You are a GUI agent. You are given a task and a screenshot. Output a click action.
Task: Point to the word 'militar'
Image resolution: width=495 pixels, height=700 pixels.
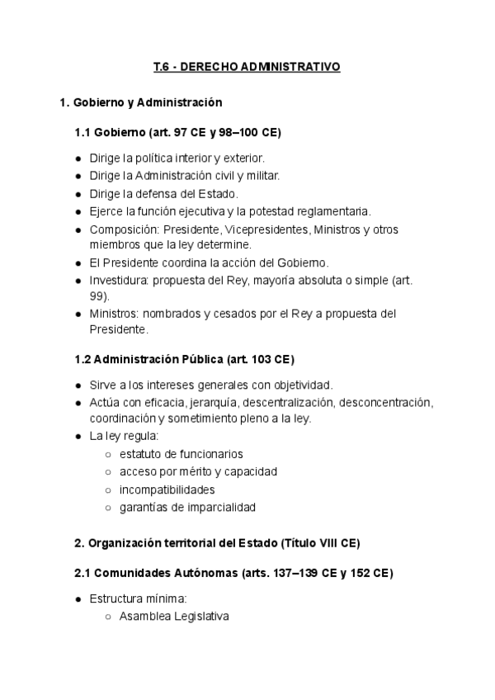click(261, 175)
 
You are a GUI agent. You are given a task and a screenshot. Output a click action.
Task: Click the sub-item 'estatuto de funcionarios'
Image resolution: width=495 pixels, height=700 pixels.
click(181, 454)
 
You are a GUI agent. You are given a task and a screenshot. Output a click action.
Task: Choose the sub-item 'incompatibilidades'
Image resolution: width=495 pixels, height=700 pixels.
click(167, 489)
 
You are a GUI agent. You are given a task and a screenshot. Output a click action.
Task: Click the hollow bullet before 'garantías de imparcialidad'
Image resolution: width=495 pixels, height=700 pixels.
click(109, 507)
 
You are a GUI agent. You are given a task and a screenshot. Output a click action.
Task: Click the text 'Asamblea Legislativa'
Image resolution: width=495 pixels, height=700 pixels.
click(174, 616)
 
